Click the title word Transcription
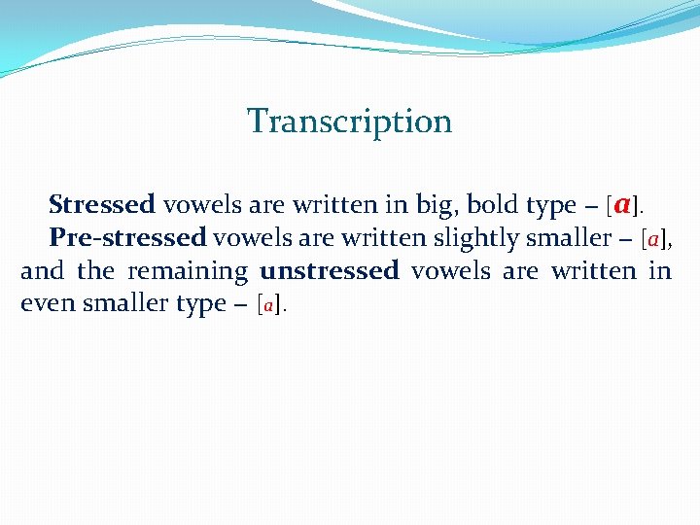349,122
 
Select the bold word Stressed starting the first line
101,205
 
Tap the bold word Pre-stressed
127,237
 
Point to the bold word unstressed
329,270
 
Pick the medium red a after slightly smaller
653,239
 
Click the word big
436,206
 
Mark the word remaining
188,271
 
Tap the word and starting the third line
42,270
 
